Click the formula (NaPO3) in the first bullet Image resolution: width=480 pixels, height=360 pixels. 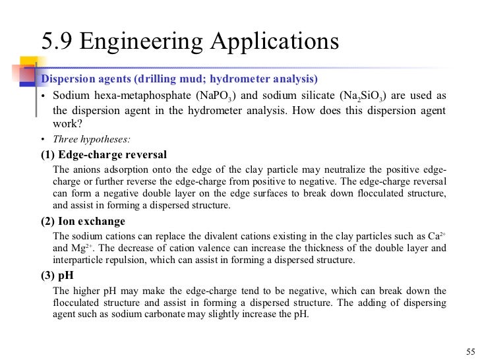tap(214, 96)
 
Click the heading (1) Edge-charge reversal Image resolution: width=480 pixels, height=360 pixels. tap(104, 155)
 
